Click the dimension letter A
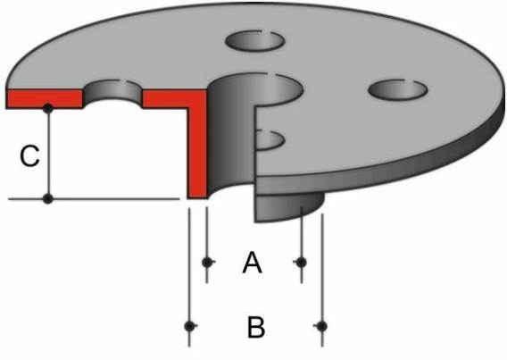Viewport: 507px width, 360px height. (253, 263)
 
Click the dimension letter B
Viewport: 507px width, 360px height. (256, 327)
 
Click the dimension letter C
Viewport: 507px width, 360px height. (29, 156)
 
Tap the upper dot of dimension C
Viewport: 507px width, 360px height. (48, 108)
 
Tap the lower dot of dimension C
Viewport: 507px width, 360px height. (48, 199)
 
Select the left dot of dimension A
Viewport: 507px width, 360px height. (207, 263)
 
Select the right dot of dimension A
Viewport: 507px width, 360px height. (302, 263)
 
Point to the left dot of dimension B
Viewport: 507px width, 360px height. (189, 326)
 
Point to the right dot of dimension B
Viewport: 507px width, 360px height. (321, 326)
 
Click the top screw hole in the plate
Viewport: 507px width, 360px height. (255, 41)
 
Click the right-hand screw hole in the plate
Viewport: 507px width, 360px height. (398, 89)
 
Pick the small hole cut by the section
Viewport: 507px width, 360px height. (269, 140)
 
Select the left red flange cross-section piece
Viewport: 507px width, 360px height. (45, 98)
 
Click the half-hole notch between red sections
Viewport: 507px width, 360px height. (112, 92)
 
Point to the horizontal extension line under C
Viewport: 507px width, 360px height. (94, 199)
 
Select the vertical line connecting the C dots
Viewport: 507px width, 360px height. (48, 154)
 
